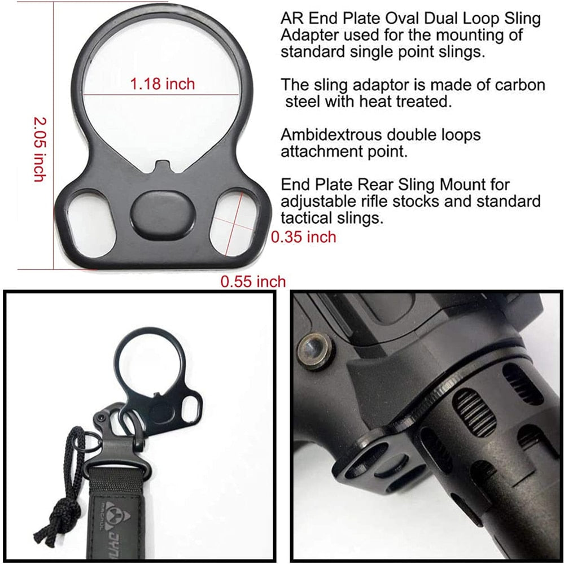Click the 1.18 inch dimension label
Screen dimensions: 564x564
[162, 84]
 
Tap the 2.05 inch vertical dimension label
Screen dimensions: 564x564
[39, 149]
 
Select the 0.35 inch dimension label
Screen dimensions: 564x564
[303, 237]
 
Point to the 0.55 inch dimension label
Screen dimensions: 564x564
[253, 281]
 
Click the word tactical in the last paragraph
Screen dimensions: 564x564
[306, 218]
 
